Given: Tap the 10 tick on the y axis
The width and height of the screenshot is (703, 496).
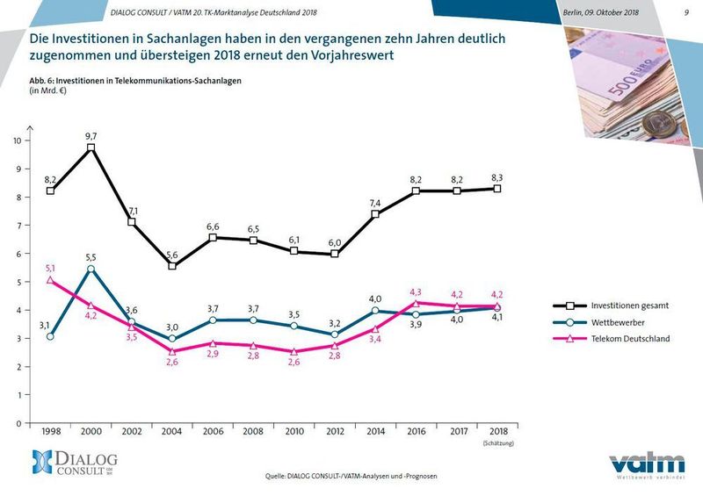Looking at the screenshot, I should point(18,140).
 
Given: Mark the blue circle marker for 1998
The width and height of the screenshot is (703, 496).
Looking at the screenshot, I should point(50,336).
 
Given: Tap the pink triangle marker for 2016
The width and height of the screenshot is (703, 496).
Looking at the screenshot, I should point(418,303).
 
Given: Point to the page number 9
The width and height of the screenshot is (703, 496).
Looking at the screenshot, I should point(685,12).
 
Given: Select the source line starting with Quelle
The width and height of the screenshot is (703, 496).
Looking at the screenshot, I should point(351,476).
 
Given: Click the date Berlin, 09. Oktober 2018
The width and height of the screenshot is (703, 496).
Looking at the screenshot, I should point(601,12).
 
